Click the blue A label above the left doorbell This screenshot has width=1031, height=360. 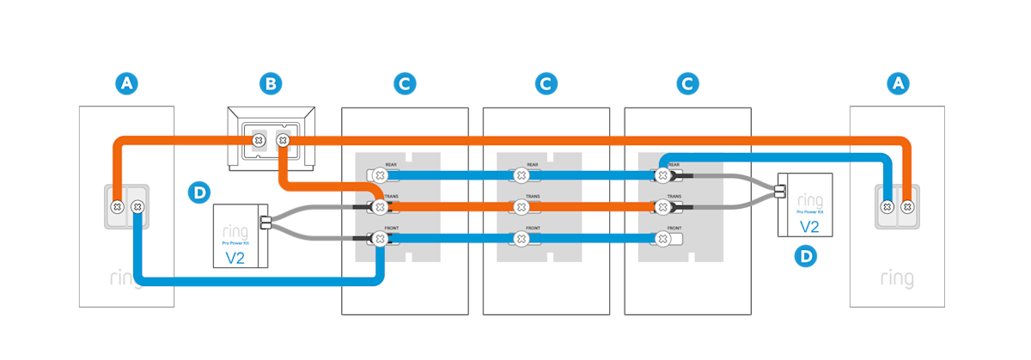[x=127, y=83]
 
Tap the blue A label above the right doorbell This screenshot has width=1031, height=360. [x=899, y=83]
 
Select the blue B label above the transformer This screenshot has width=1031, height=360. [x=271, y=83]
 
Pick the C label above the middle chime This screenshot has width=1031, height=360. [x=545, y=83]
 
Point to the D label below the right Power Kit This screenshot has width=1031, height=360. [x=805, y=255]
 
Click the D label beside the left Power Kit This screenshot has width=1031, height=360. [x=198, y=192]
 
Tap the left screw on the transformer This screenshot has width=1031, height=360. [x=256, y=139]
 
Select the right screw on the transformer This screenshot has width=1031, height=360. [x=282, y=139]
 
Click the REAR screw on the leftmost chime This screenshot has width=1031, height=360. [x=379, y=174]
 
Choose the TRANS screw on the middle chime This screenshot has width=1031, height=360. [x=520, y=207]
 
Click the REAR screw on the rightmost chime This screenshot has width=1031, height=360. [x=662, y=174]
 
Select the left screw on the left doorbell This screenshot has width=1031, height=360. [x=116, y=206]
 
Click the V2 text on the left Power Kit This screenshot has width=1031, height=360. [x=235, y=256]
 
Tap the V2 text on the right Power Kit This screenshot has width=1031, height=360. [x=808, y=226]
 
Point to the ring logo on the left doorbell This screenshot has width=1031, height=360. [x=126, y=279]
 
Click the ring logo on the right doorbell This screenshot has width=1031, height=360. [x=897, y=279]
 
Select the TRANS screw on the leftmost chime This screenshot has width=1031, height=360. [x=379, y=207]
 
